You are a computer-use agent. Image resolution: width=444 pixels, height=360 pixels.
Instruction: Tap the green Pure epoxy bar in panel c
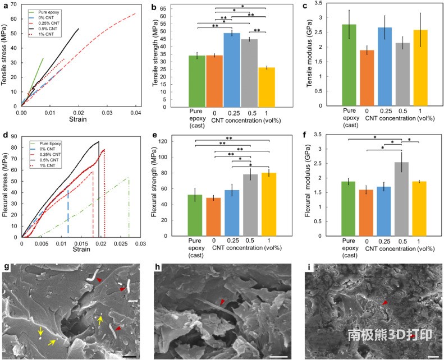tap(350, 65)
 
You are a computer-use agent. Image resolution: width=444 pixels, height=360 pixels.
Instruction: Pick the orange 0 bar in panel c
tap(367, 78)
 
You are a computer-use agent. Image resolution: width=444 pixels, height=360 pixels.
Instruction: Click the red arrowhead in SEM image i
tap(385, 303)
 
